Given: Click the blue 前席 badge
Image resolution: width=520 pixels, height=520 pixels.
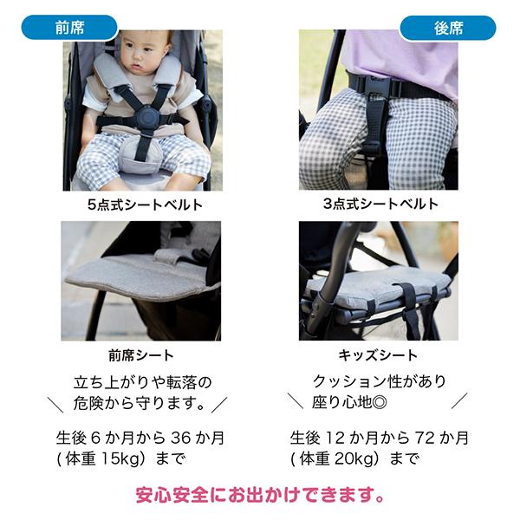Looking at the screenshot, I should pyautogui.click(x=68, y=27).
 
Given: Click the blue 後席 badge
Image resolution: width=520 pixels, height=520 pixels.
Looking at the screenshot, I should pyautogui.click(x=447, y=27).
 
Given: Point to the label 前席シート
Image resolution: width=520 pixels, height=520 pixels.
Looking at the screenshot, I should pyautogui.click(x=140, y=354).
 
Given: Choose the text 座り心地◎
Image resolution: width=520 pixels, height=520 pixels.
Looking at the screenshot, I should pyautogui.click(x=343, y=403).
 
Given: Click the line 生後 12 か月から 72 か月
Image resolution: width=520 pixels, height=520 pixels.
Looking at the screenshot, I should pyautogui.click(x=379, y=438).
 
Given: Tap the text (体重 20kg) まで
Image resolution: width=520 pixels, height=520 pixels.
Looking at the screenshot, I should pyautogui.click(x=354, y=458).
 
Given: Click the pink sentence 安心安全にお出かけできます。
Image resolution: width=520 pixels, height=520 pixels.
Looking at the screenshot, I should pyautogui.click(x=260, y=497).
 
